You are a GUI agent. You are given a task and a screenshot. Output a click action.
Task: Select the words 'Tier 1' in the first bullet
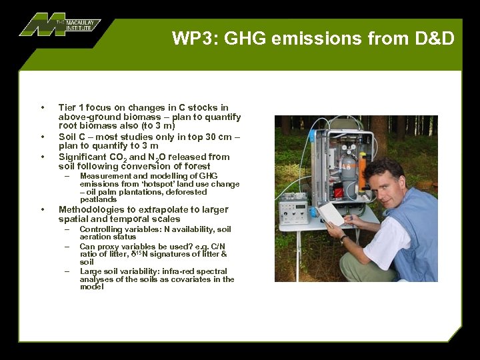coord(70,107)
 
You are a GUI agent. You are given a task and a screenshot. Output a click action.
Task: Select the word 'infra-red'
coord(179,271)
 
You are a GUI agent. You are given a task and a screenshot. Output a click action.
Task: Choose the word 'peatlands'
coord(98,199)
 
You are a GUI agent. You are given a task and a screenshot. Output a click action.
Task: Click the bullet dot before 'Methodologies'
coord(43,209)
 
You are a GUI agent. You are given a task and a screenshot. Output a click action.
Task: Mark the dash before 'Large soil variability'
coord(67,271)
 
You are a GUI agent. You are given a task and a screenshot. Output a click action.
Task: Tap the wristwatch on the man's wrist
coord(344,239)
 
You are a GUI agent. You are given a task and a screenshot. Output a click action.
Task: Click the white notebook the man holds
coord(331,213)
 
